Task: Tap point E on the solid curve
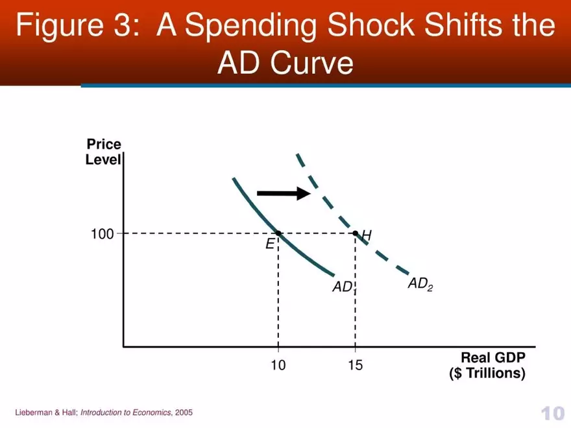pos(278,233)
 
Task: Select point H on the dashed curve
pos(355,233)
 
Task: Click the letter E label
pos(269,244)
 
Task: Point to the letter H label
pos(367,235)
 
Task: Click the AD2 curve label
pos(420,283)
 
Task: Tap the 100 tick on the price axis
pos(102,233)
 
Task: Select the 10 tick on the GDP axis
pos(278,366)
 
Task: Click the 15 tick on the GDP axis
pos(355,366)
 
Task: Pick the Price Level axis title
pos(104,152)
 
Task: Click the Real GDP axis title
pos(492,358)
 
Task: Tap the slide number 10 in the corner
pos(552,413)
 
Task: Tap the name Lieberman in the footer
pos(33,412)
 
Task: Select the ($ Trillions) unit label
pos(487,374)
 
